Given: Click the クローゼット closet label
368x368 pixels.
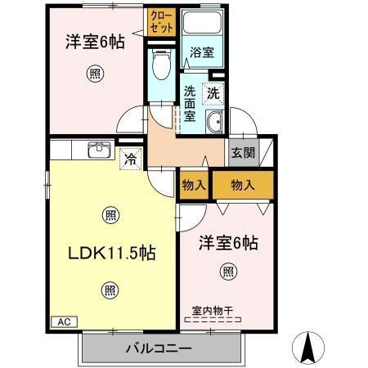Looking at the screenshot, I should point(161,21).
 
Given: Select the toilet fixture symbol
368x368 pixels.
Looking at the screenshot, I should point(160,63).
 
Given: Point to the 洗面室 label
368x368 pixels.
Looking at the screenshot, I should point(191,104).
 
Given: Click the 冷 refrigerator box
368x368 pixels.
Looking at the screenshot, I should point(130,159).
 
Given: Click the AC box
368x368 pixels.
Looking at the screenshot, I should point(64,322).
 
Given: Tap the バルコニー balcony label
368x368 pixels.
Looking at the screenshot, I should point(159,349).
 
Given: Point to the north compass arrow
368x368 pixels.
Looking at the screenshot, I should point(308,347).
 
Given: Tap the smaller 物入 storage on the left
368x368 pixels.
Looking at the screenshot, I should point(193,185).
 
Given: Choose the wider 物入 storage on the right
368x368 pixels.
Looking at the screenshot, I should point(243,185).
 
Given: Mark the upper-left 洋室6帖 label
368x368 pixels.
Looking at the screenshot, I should point(96,41).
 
